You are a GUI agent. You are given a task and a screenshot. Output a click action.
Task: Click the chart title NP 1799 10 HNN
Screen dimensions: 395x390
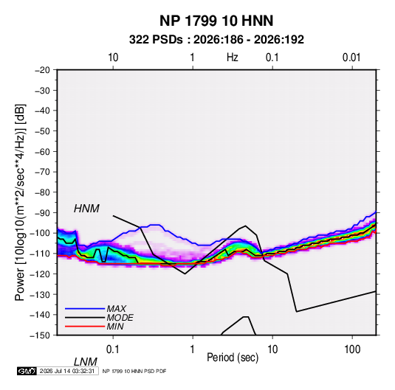click(x=216, y=21)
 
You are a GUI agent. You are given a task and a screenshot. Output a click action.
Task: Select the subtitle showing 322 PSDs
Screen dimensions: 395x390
click(x=216, y=40)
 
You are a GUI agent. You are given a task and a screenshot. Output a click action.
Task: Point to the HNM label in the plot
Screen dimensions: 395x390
click(x=86, y=209)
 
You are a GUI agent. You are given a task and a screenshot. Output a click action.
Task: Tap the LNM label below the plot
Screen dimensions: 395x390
click(x=85, y=362)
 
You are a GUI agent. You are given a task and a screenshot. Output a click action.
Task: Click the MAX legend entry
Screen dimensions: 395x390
click(x=116, y=308)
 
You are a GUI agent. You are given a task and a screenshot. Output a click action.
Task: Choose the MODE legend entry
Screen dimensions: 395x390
click(x=120, y=318)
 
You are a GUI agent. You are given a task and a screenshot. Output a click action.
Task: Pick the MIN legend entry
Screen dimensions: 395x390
click(x=115, y=327)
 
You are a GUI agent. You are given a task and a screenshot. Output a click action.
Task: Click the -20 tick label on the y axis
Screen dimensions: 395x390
click(x=42, y=70)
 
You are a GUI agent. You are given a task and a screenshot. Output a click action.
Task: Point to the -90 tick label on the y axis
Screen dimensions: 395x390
click(x=42, y=212)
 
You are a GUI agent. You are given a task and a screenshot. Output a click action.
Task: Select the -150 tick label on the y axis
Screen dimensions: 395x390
click(x=40, y=335)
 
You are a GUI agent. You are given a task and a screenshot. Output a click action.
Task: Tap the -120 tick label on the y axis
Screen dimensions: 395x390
click(x=40, y=274)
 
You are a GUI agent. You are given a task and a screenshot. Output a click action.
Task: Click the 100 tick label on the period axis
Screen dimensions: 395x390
click(x=352, y=349)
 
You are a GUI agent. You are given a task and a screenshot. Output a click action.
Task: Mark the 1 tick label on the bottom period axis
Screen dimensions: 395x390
click(x=193, y=349)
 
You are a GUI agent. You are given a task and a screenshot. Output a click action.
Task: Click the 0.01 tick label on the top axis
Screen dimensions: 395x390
click(x=351, y=58)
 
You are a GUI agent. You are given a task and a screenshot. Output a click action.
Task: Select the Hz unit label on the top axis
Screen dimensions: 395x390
click(x=233, y=58)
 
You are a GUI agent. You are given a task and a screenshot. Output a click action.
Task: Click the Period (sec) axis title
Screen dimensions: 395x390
click(x=233, y=358)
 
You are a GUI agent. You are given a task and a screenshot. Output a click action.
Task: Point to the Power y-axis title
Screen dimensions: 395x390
click(x=20, y=203)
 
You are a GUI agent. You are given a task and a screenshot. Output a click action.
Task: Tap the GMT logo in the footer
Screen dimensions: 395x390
click(x=27, y=371)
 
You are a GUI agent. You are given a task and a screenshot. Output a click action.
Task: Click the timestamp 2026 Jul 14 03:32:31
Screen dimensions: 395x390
click(x=67, y=371)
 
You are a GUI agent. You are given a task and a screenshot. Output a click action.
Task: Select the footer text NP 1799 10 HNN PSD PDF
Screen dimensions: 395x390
click(x=134, y=371)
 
